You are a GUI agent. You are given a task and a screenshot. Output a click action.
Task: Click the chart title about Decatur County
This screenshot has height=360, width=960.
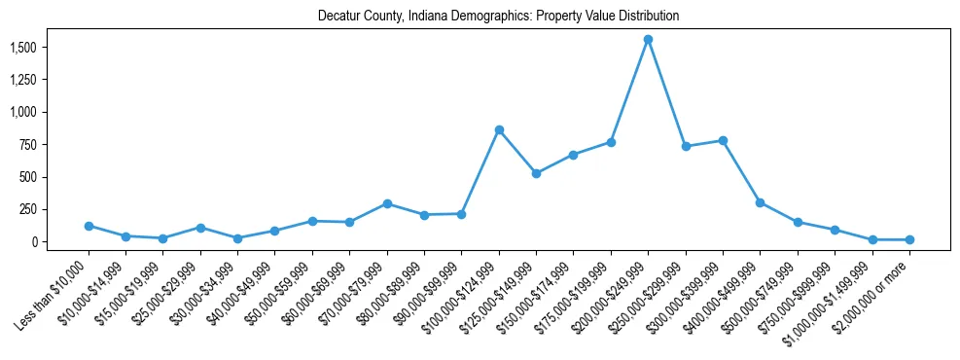498,17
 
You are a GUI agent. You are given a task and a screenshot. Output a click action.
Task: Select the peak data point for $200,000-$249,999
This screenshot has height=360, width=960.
648,39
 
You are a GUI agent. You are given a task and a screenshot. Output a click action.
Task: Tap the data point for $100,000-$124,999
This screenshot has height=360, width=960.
499,129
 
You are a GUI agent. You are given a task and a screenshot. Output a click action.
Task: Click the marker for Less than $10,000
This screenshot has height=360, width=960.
89,226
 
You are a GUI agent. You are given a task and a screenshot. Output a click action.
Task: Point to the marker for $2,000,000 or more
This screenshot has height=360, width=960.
909,239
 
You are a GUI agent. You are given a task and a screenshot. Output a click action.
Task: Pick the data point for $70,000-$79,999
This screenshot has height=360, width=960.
387,203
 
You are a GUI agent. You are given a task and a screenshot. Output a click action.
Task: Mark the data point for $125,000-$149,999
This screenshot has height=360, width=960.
536,173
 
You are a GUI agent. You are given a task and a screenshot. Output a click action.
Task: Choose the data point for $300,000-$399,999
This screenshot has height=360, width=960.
723,140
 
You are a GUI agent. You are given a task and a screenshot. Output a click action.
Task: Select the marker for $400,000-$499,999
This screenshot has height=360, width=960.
760,202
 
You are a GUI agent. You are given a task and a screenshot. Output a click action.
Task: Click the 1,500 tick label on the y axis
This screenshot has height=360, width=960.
23,48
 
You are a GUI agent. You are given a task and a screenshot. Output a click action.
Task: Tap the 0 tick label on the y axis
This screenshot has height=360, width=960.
34,242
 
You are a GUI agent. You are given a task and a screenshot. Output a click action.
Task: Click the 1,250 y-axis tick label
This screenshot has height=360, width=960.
23,80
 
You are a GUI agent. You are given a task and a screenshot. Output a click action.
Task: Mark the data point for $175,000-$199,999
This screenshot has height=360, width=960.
611,142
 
